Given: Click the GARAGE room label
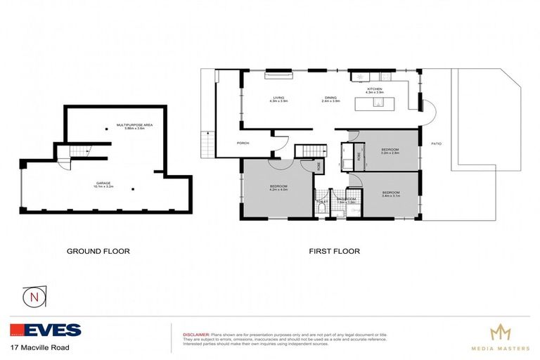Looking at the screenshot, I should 104,184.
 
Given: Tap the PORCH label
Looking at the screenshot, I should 243,143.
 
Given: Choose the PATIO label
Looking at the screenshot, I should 436,143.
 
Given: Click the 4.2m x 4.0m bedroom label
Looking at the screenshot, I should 278,188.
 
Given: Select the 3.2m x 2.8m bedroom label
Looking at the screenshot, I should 390,150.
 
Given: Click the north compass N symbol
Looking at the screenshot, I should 34,297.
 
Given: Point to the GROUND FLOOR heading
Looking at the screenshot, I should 98,251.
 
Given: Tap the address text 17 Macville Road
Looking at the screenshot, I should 40,347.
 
